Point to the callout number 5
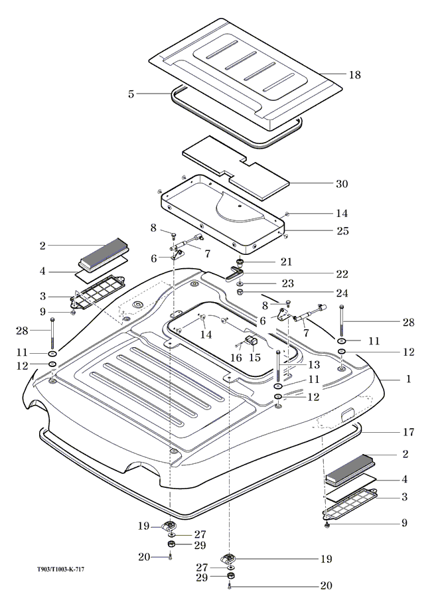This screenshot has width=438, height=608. tap(131, 94)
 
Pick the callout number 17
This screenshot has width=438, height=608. tap(409, 432)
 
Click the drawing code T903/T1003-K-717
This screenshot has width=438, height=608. tap(60, 570)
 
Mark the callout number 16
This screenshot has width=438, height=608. tap(236, 357)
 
